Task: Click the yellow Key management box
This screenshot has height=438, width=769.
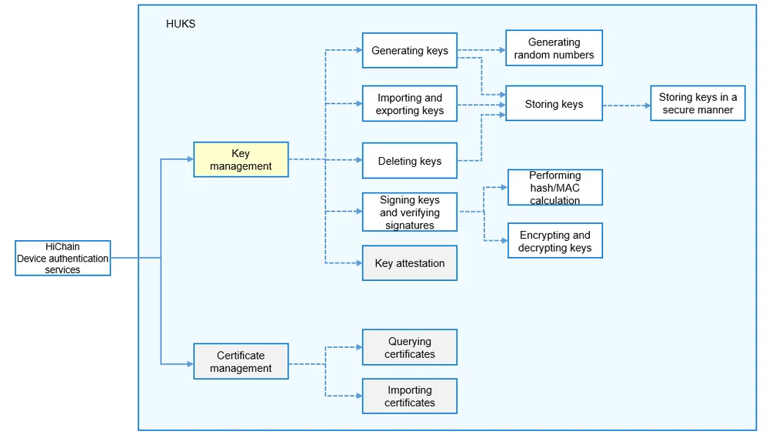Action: pyautogui.click(x=241, y=159)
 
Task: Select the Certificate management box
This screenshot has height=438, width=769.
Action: pyautogui.click(x=241, y=361)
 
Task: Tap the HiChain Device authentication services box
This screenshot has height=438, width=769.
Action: pyautogui.click(x=63, y=259)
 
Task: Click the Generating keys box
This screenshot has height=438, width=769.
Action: pyautogui.click(x=410, y=50)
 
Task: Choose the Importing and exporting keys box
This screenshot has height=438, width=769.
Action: pyautogui.click(x=410, y=104)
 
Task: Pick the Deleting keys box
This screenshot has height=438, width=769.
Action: pyautogui.click(x=410, y=161)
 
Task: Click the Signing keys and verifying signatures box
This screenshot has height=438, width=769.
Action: pyautogui.click(x=410, y=212)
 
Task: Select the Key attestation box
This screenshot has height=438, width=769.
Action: pyautogui.click(x=410, y=263)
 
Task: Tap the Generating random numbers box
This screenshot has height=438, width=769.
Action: pyautogui.click(x=554, y=48)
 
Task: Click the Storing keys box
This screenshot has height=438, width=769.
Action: pyautogui.click(x=554, y=104)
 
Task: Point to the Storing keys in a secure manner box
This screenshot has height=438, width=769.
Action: pyautogui.click(x=698, y=103)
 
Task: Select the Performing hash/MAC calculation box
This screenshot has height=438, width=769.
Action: pyautogui.click(x=555, y=188)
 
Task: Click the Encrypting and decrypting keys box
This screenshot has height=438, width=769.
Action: pyautogui.click(x=555, y=241)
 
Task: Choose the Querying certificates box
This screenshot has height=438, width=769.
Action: pyautogui.click(x=410, y=347)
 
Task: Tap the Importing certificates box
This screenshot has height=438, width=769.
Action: pyautogui.click(x=410, y=396)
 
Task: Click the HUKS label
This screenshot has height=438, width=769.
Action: pyautogui.click(x=181, y=24)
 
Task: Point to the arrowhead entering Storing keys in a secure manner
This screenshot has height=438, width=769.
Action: pyautogui.click(x=647, y=105)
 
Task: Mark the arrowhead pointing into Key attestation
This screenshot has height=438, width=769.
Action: pyautogui.click(x=358, y=263)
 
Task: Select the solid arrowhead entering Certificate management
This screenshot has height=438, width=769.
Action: pyautogui.click(x=190, y=364)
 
